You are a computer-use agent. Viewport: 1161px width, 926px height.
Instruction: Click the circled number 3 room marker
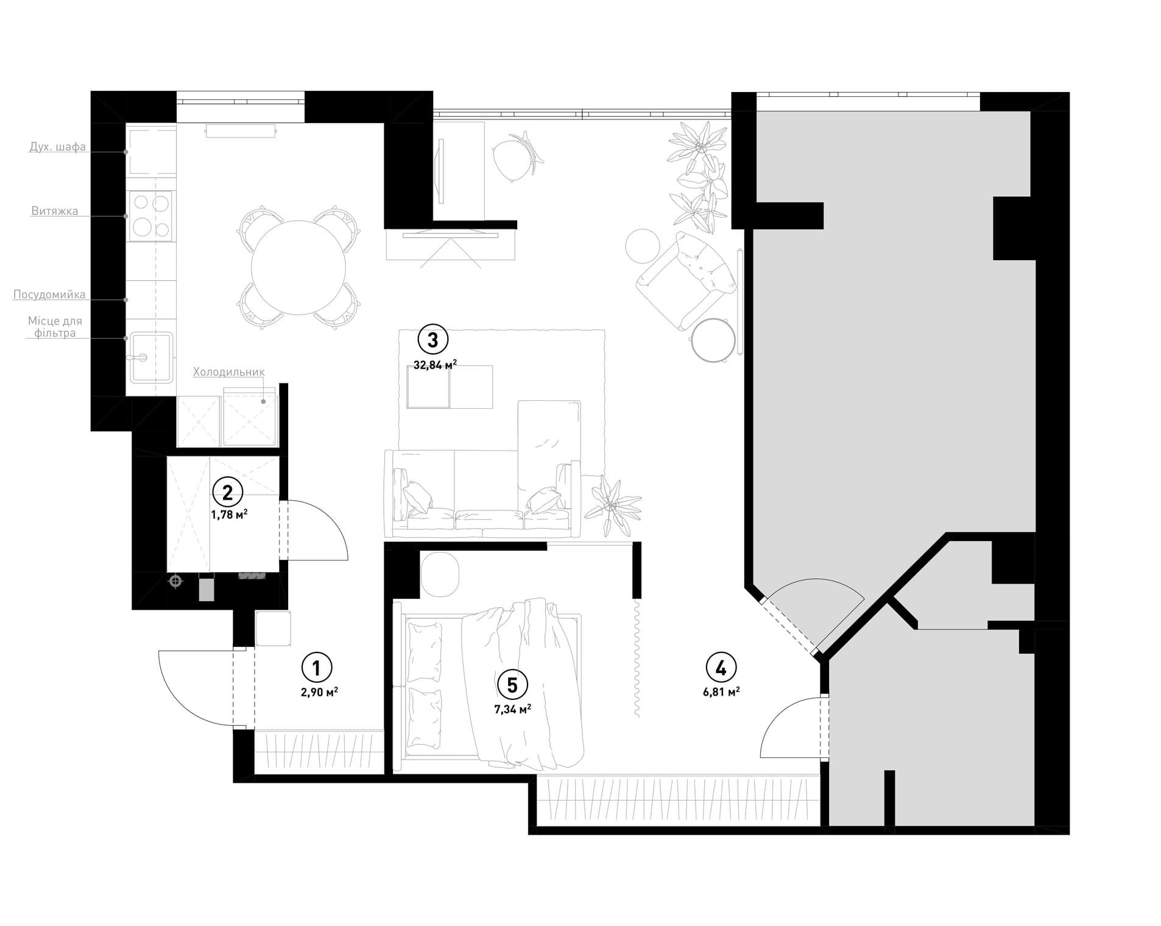(432, 340)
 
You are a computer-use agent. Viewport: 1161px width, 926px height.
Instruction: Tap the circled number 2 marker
(227, 492)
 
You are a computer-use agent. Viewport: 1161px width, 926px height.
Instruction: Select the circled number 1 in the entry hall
(317, 668)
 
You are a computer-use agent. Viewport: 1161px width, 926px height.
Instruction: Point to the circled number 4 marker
(721, 668)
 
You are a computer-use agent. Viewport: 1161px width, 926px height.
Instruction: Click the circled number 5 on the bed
(512, 685)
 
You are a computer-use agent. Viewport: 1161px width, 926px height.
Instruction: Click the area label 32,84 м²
(435, 365)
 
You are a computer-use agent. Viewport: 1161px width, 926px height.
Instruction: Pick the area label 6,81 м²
(721, 691)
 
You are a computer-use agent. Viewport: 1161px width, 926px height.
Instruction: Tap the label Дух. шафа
(58, 147)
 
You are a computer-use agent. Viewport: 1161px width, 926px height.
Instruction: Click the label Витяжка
(55, 211)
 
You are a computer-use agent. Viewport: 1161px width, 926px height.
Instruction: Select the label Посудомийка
(49, 295)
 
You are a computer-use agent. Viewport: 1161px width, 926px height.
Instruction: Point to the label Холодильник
(229, 372)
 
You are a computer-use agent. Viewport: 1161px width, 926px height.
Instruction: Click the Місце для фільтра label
(55, 327)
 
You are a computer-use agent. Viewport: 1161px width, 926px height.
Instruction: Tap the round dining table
(298, 267)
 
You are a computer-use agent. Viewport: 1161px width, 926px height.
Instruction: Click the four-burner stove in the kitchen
(150, 214)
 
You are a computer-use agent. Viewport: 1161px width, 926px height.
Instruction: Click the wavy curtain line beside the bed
(637, 658)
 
